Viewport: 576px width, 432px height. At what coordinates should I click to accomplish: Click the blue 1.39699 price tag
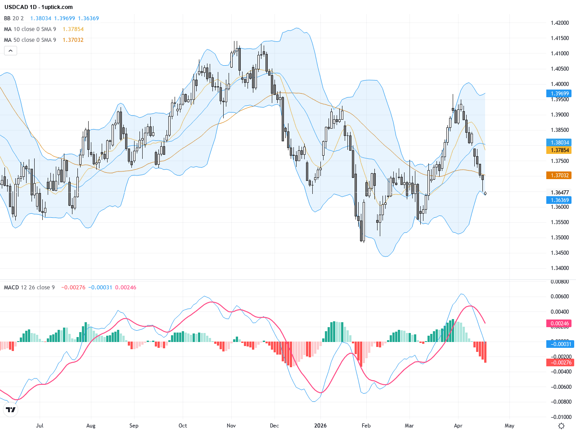point(560,94)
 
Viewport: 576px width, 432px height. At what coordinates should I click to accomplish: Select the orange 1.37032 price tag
point(560,175)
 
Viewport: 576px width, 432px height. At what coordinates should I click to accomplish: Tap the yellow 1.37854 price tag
point(560,150)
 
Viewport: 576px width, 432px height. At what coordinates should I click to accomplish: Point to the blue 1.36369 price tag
point(560,200)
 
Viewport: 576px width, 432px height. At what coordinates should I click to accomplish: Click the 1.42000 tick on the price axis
point(560,23)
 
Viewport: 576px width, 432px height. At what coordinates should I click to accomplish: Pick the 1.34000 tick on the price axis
point(560,268)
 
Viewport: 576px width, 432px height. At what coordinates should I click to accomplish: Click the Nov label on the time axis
point(231,426)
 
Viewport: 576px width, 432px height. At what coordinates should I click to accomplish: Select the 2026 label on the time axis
point(320,426)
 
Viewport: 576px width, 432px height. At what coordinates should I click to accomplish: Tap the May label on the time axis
point(509,426)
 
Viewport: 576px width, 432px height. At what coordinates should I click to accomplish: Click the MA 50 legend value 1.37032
point(73,40)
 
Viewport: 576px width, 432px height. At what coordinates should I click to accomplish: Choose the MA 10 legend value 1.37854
point(73,29)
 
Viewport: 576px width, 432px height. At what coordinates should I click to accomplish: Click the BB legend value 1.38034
point(40,18)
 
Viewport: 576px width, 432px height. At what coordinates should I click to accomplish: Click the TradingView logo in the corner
point(11,409)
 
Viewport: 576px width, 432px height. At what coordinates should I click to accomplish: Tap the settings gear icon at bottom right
point(561,426)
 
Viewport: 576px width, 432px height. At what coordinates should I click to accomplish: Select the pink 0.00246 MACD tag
point(560,324)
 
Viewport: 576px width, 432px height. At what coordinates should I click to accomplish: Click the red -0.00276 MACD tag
point(560,363)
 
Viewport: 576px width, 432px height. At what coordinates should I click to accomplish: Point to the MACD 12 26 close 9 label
point(29,288)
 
